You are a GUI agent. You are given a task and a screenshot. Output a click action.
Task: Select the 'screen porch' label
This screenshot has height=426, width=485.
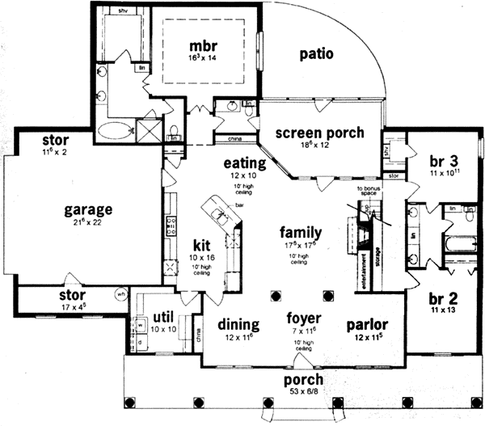click(x=318, y=133)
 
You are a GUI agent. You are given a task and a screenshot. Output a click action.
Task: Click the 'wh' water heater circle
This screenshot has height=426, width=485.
click(x=121, y=293)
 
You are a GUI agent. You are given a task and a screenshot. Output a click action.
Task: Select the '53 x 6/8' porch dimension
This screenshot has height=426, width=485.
click(x=303, y=393)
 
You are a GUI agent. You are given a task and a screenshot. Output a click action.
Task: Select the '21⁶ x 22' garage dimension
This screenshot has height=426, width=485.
click(x=88, y=224)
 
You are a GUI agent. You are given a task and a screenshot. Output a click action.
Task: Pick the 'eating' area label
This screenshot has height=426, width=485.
click(x=239, y=162)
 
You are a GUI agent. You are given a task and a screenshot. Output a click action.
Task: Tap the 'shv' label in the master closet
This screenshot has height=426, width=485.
click(x=124, y=12)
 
